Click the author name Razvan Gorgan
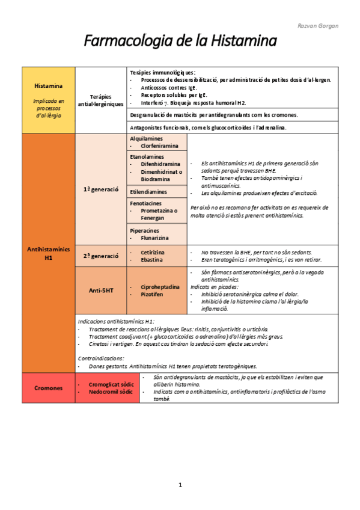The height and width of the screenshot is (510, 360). [x=319, y=26]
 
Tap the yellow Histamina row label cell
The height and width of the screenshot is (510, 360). [x=49, y=99]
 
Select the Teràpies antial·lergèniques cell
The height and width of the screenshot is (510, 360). [x=100, y=100]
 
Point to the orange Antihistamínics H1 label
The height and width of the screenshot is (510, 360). [x=49, y=253]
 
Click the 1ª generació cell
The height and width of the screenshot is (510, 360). [x=100, y=189]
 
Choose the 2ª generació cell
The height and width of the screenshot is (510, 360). [x=100, y=256]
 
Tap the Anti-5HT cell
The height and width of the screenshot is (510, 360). [x=100, y=290]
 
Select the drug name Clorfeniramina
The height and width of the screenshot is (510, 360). [x=159, y=146]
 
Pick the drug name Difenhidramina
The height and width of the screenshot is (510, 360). [x=160, y=164]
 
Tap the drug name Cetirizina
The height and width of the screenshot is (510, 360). [x=153, y=252]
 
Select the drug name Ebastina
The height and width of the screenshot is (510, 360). [x=151, y=260]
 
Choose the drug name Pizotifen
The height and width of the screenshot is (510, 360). [x=153, y=295]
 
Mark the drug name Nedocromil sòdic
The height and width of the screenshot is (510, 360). [x=110, y=392]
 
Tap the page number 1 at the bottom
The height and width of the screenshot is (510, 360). [x=180, y=485]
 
